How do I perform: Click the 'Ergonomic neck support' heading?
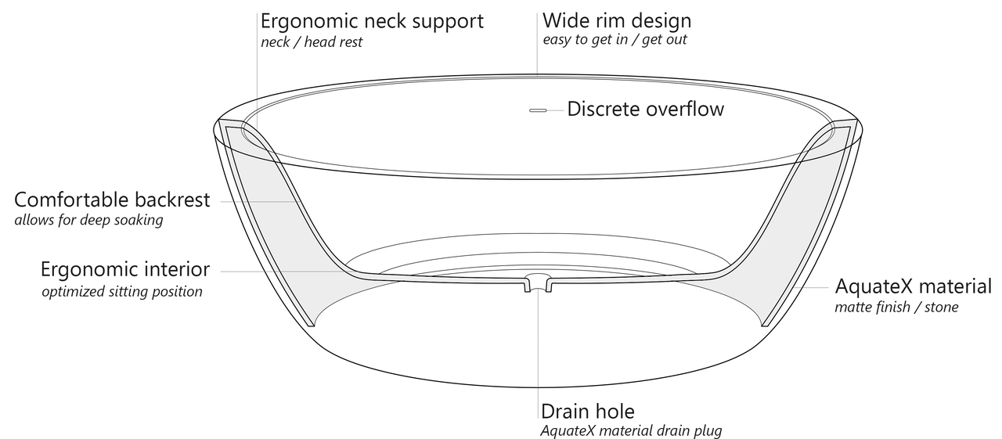pyautogui.click(x=372, y=20)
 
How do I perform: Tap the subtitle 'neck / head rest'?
pyautogui.click(x=312, y=42)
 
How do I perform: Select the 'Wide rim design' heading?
pyautogui.click(x=617, y=20)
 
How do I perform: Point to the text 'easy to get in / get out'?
pyautogui.click(x=615, y=39)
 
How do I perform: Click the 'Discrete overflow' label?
pyautogui.click(x=646, y=109)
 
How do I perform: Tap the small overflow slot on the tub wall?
pyautogui.click(x=538, y=110)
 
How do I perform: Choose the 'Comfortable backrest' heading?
pyautogui.click(x=112, y=200)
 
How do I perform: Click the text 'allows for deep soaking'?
pyautogui.click(x=88, y=220)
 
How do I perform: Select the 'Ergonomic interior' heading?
pyautogui.click(x=125, y=270)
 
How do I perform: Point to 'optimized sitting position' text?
pyautogui.click(x=122, y=292)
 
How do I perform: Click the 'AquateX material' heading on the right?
pyautogui.click(x=914, y=286)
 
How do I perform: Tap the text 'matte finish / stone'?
pyautogui.click(x=896, y=307)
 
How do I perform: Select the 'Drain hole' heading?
pyautogui.click(x=588, y=411)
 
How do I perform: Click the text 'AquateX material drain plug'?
pyautogui.click(x=631, y=430)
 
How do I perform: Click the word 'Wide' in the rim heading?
pyautogui.click(x=564, y=20)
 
